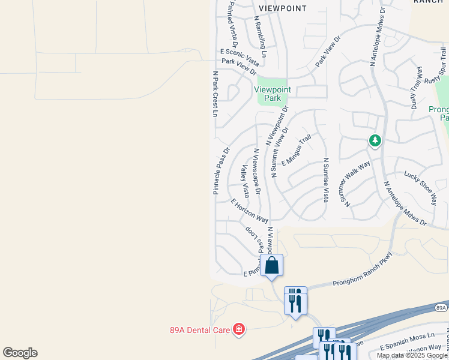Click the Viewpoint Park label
pyautogui.click(x=272, y=94)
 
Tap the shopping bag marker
pyautogui.click(x=271, y=265)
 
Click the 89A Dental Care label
pyautogui.click(x=200, y=329)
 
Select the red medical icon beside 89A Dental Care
pyautogui.click(x=239, y=329)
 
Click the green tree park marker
pyautogui.click(x=375, y=140)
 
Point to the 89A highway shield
pyautogui.click(x=441, y=308)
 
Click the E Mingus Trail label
pyautogui.click(x=296, y=151)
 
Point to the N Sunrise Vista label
pyautogui.click(x=326, y=179)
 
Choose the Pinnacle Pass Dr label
pyautogui.click(x=221, y=171)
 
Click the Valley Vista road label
pyautogui.click(x=245, y=181)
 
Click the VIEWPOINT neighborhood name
pyautogui.click(x=282, y=8)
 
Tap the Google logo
pyautogui.click(x=20, y=353)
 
